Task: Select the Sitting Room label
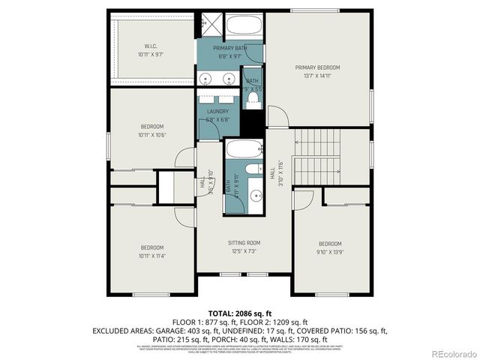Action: [x=244, y=242]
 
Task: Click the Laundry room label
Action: [x=217, y=112]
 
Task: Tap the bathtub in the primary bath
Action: [x=243, y=28]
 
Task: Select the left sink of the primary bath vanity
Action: [x=205, y=77]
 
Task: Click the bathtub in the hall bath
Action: [x=243, y=148]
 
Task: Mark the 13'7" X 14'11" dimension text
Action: [x=317, y=76]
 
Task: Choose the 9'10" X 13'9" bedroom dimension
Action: [x=330, y=252]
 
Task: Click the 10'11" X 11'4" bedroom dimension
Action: [x=152, y=256]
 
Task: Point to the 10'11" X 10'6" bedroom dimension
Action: [x=152, y=135]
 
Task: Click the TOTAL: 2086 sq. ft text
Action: [x=239, y=312]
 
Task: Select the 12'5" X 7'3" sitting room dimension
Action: [x=244, y=250]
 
